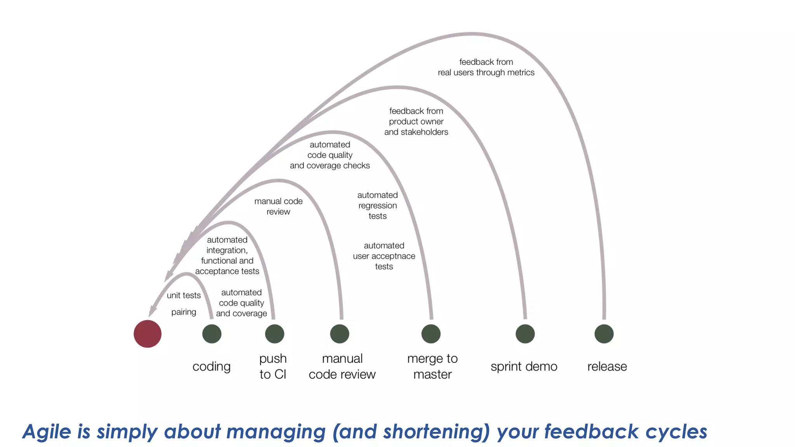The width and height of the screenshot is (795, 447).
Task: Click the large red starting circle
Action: (x=148, y=334)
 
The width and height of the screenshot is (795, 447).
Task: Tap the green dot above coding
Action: (x=212, y=334)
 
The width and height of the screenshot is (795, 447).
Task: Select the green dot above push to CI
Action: (x=274, y=334)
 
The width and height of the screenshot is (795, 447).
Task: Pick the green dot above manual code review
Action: (x=340, y=334)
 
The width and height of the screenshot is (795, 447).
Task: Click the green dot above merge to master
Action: (x=431, y=334)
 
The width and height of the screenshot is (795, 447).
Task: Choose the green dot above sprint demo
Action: (x=525, y=334)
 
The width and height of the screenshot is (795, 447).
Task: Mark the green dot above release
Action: (x=604, y=334)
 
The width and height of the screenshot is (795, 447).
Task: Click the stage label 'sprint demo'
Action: (x=524, y=366)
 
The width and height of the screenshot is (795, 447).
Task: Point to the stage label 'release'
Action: (x=607, y=366)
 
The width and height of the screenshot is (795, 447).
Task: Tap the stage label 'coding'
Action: (x=212, y=366)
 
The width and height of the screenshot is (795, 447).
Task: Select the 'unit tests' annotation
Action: (x=184, y=295)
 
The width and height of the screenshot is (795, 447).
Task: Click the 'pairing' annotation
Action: (x=184, y=312)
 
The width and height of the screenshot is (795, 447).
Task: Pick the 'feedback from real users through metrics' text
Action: (x=486, y=67)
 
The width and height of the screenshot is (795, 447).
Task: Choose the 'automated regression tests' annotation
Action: (x=377, y=205)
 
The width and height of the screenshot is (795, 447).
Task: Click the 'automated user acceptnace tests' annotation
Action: (x=384, y=256)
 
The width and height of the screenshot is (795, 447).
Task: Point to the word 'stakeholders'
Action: (x=424, y=132)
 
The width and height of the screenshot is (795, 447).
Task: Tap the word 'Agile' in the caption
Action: (x=47, y=431)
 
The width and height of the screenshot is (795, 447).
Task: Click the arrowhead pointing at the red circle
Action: (x=152, y=311)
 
